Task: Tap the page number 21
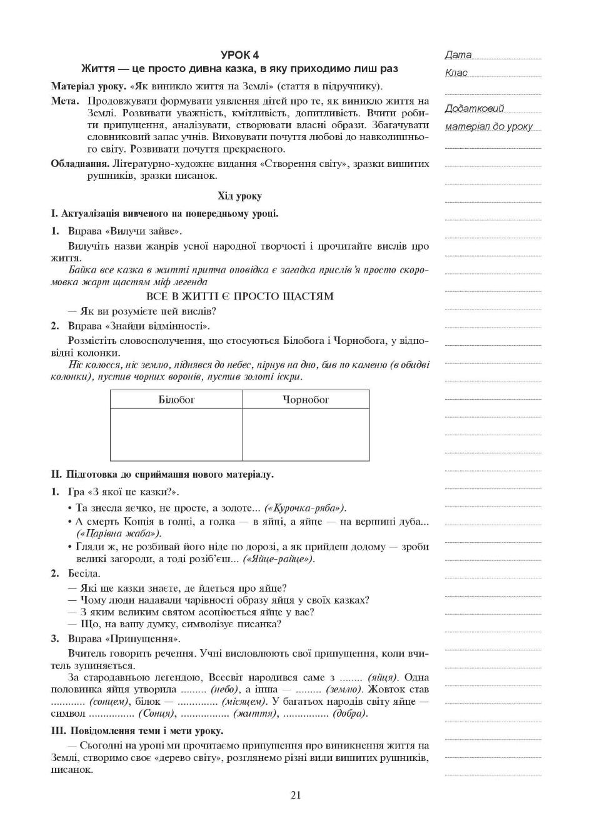[296, 795]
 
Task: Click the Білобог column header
[176, 399]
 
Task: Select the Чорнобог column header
[306, 399]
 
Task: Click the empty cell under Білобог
[176, 434]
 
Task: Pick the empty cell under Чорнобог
[306, 434]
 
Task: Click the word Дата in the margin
[458, 55]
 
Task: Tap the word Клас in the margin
[456, 73]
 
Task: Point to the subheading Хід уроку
[239, 196]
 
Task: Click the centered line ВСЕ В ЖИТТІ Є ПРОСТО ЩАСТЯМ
[239, 296]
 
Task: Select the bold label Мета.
[65, 101]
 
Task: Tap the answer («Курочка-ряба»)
[305, 508]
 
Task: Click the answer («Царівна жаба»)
[119, 533]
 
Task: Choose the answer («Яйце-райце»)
[279, 558]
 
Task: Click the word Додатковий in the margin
[474, 109]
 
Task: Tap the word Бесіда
[84, 573]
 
